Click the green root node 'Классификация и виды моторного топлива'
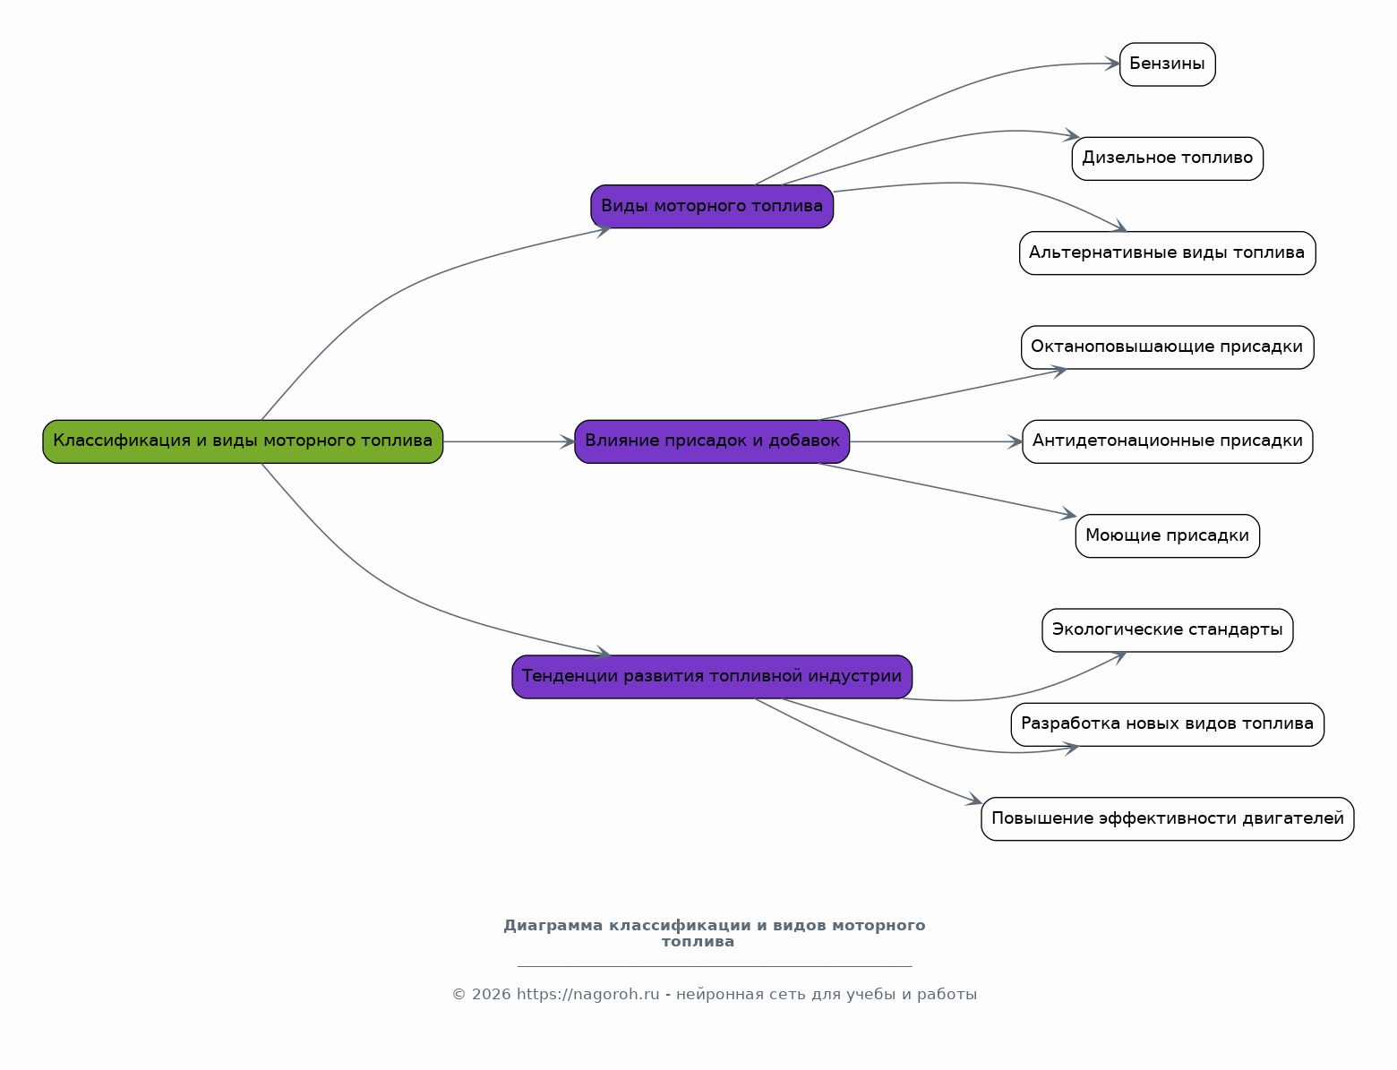243,441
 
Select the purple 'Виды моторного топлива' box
712,207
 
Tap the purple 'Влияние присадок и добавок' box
712,441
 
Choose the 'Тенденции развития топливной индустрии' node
712,677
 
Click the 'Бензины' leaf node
1167,64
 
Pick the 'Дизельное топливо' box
1167,158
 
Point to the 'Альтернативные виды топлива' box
1167,253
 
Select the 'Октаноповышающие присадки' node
1167,347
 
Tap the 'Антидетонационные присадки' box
1167,441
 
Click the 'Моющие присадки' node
1167,536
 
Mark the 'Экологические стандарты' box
1167,630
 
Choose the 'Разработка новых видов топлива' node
1167,724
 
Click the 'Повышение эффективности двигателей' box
1167,819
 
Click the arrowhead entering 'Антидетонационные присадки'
1016,441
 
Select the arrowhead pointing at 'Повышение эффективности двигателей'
975,800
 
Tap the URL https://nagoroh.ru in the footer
587,995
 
